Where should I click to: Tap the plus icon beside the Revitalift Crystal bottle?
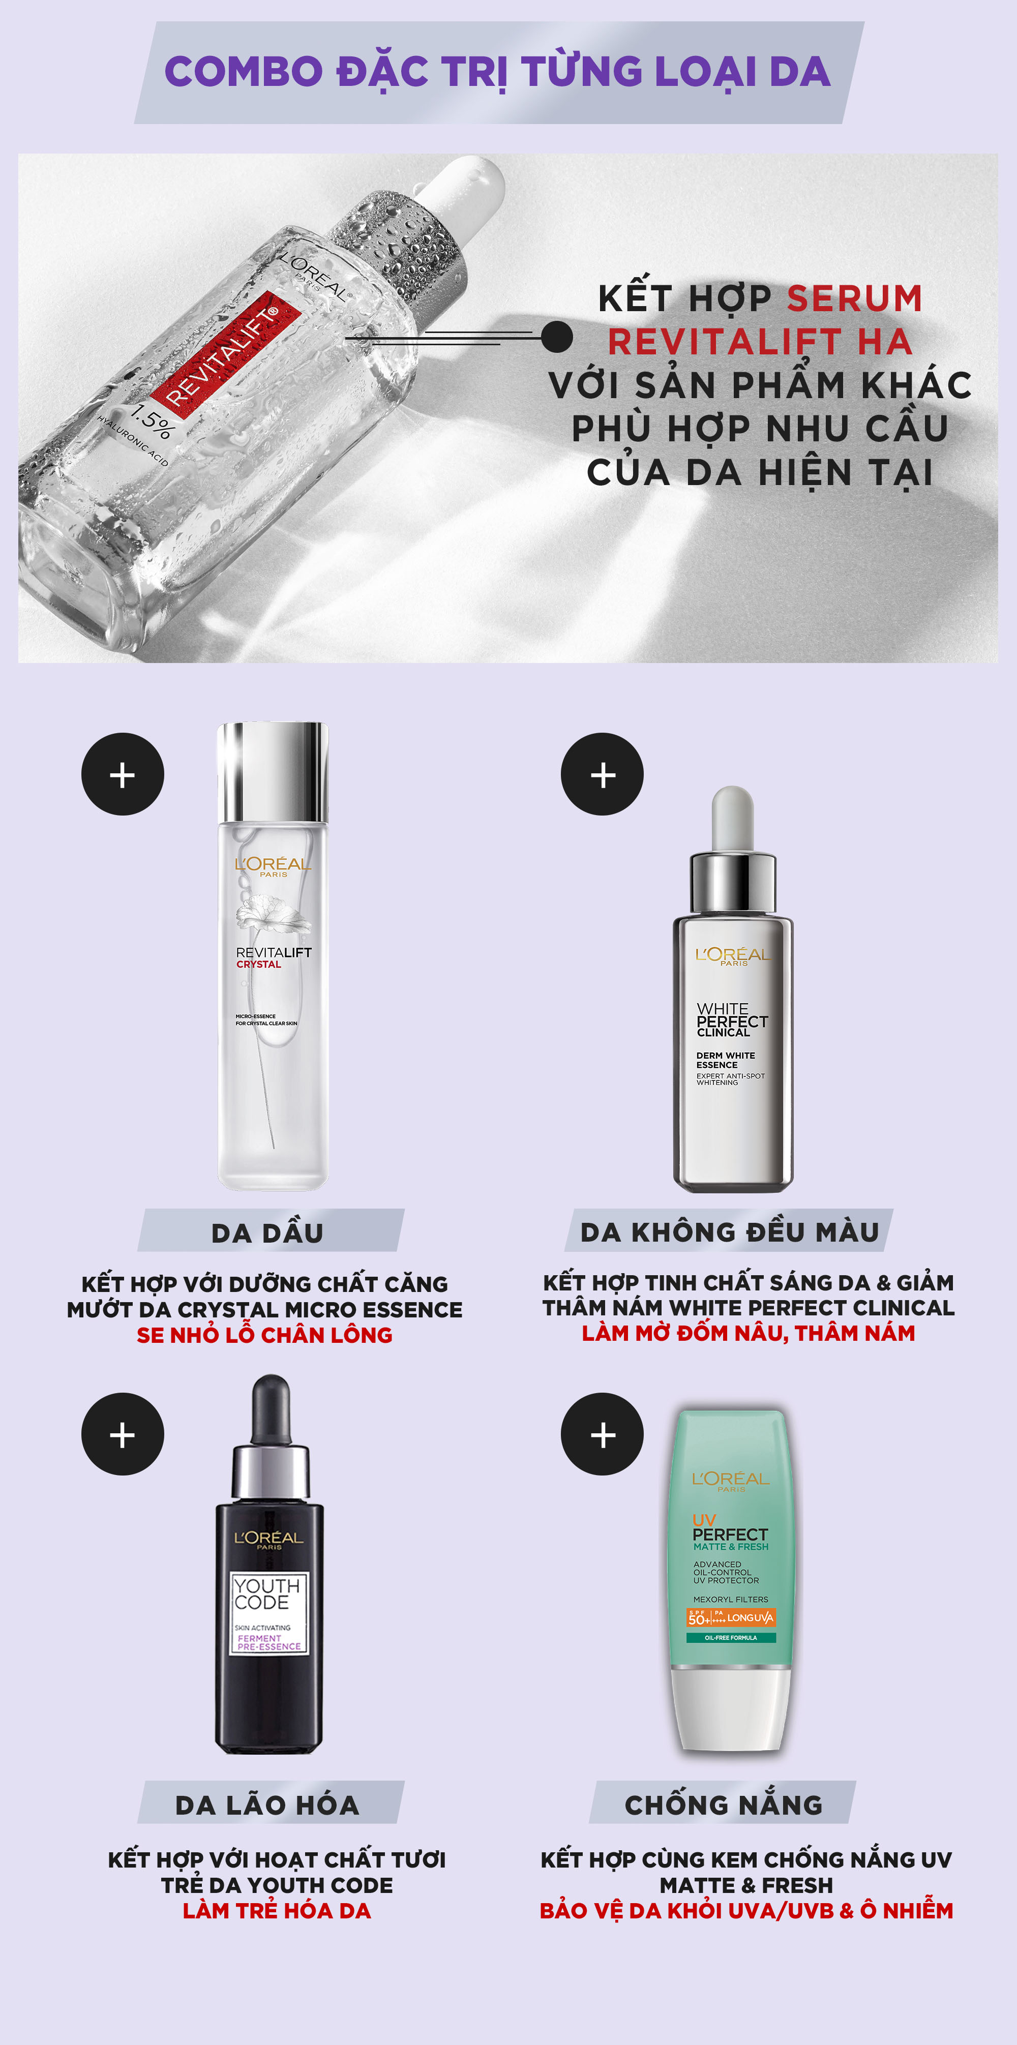(x=122, y=774)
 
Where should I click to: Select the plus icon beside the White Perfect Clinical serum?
(x=603, y=774)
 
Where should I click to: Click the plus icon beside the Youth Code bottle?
(x=122, y=1434)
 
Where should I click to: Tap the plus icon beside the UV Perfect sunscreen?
(x=603, y=1434)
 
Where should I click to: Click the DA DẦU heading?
(x=267, y=1233)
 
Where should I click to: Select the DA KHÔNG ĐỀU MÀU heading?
(x=730, y=1231)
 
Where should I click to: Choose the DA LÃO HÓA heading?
(x=267, y=1805)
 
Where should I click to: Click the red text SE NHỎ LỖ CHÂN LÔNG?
(x=264, y=1335)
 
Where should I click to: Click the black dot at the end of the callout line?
(x=556, y=337)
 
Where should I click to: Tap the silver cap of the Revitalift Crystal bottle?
(x=273, y=772)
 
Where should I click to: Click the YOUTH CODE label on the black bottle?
(x=267, y=1594)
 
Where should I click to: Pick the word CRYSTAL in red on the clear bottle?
(x=259, y=965)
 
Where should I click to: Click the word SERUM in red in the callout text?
(x=855, y=298)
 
